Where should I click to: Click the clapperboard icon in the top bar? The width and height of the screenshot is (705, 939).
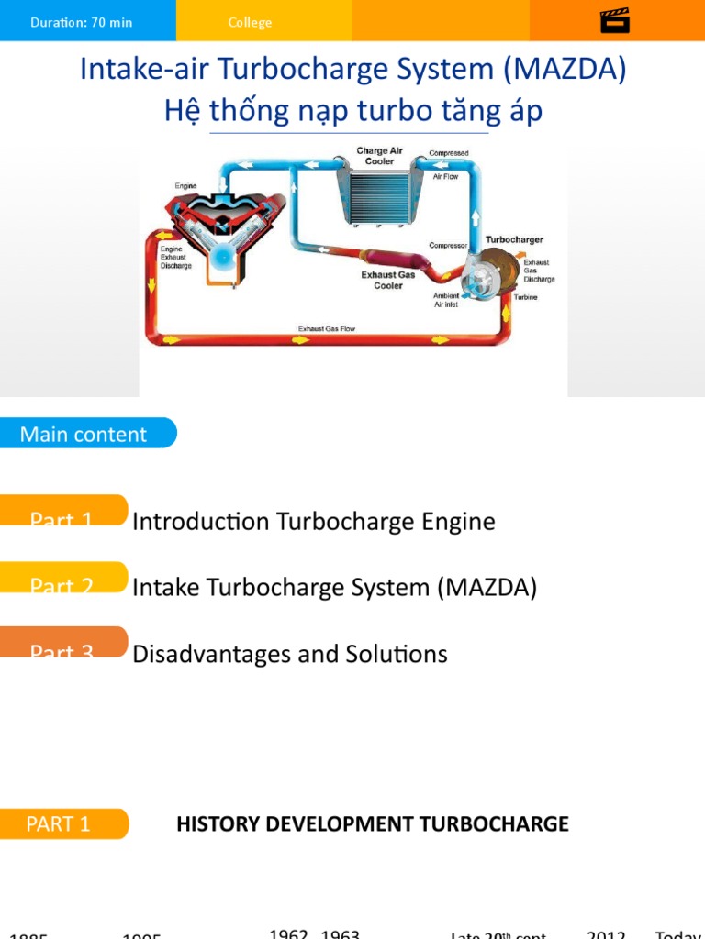coord(615,20)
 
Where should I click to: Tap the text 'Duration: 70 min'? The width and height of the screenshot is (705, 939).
coord(82,22)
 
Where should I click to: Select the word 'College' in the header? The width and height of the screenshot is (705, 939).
coord(250,22)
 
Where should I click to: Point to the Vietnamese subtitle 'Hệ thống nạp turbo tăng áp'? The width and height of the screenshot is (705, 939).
coord(353,111)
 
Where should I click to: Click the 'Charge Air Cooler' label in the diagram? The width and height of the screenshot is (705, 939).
coord(379,156)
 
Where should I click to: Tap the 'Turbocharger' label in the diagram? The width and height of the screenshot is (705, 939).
coord(514,239)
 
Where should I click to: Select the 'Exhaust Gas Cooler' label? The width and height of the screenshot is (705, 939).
coord(388,280)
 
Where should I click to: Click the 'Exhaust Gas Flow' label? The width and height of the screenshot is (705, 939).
coord(326,328)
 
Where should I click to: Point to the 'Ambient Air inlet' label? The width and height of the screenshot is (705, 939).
coord(446,300)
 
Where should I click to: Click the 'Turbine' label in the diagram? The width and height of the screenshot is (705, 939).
coord(526,297)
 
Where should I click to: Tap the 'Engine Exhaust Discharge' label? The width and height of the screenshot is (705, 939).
coord(176,258)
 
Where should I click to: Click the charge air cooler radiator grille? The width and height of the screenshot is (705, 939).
coord(379,196)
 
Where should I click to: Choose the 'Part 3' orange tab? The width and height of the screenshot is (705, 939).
coord(62,646)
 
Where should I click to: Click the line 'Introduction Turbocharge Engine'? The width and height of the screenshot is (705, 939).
coord(314,522)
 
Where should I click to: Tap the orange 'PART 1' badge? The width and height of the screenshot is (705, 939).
coord(62,823)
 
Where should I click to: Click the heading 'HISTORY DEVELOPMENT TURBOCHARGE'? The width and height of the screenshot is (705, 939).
coord(372,823)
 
